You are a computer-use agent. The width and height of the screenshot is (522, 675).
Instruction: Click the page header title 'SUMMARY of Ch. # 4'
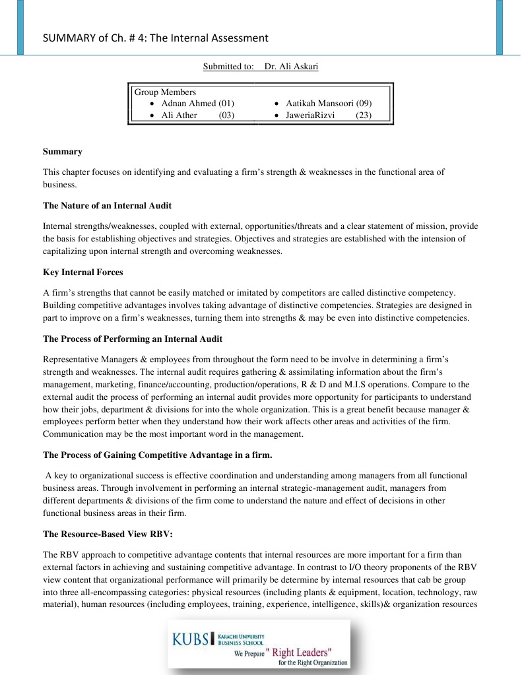[155, 38]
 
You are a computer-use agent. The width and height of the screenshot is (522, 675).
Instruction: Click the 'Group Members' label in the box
[165, 92]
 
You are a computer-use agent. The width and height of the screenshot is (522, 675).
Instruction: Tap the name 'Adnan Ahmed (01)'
[197, 104]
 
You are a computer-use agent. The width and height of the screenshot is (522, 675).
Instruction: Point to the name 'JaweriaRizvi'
[310, 115]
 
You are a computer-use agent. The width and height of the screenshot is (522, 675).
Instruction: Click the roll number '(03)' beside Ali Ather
[226, 115]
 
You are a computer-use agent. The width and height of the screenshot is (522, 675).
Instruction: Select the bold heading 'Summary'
[62, 152]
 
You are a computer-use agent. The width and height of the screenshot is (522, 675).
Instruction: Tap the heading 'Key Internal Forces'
[82, 272]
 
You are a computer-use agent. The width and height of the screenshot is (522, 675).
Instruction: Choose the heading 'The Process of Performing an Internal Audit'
[132, 338]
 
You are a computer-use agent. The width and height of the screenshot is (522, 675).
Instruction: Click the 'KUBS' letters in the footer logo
[191, 639]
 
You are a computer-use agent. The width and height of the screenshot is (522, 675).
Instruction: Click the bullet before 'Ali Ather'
[153, 115]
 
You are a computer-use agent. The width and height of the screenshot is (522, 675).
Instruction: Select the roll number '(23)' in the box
[364, 115]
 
